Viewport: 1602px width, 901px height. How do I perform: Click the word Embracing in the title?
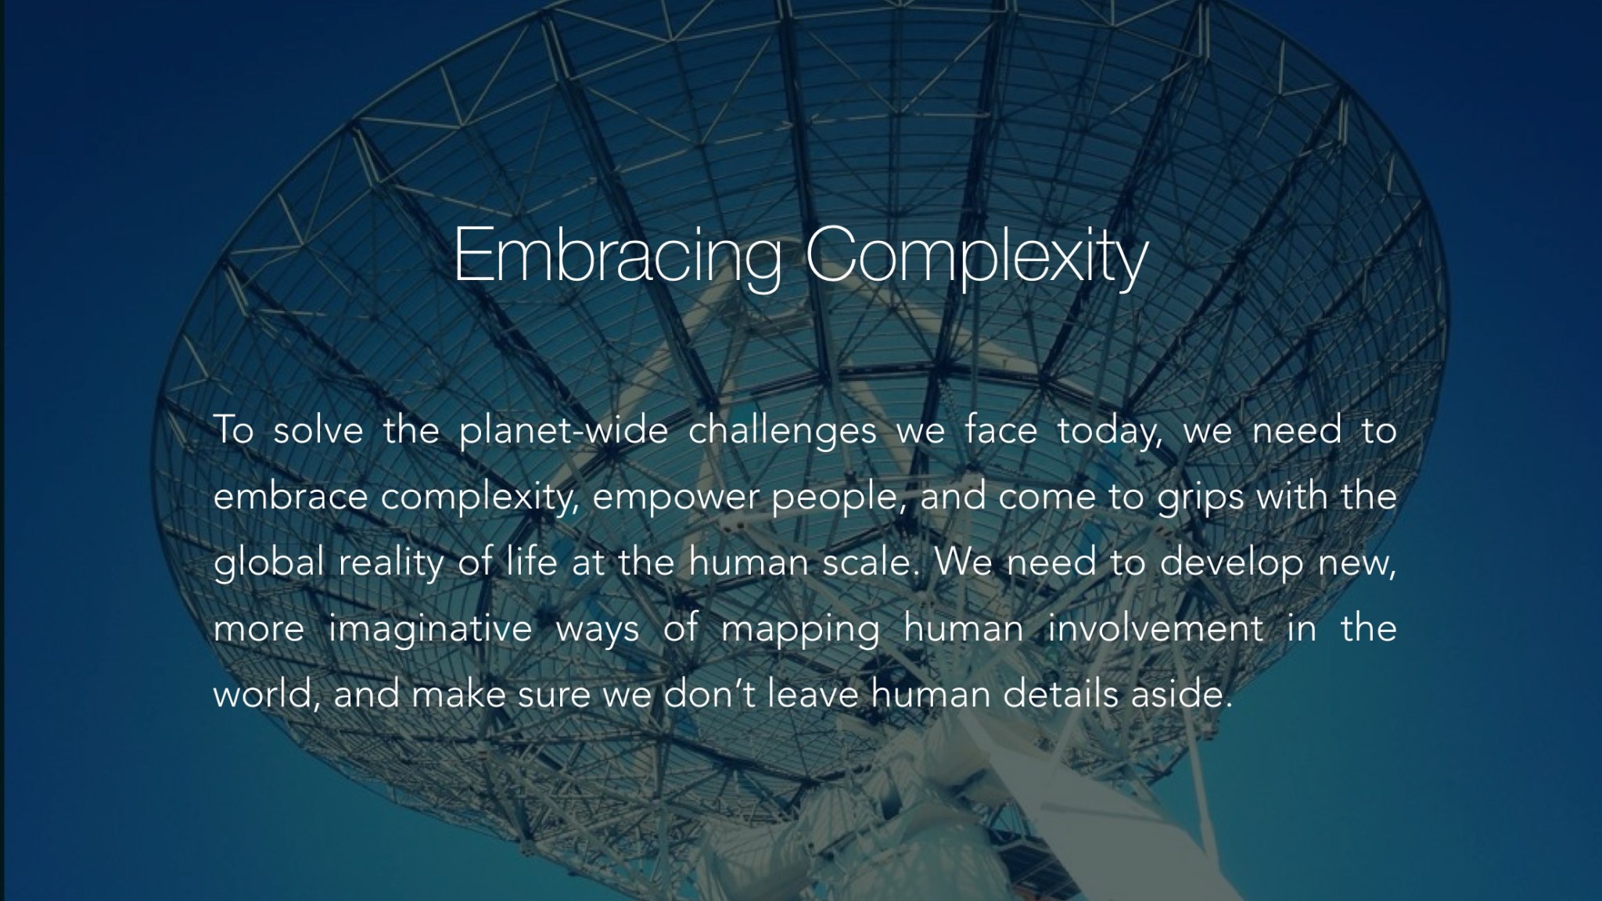(x=617, y=255)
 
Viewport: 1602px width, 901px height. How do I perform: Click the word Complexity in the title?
(x=976, y=255)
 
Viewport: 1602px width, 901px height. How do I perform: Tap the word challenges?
(x=782, y=433)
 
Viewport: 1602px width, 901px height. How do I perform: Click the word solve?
(x=318, y=431)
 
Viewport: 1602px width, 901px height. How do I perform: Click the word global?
(x=268, y=564)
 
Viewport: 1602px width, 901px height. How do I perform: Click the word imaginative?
(x=430, y=630)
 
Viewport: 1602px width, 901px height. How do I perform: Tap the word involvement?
(x=1155, y=628)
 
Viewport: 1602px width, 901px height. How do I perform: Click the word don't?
(x=709, y=694)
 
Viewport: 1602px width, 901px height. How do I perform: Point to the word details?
(x=1061, y=694)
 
